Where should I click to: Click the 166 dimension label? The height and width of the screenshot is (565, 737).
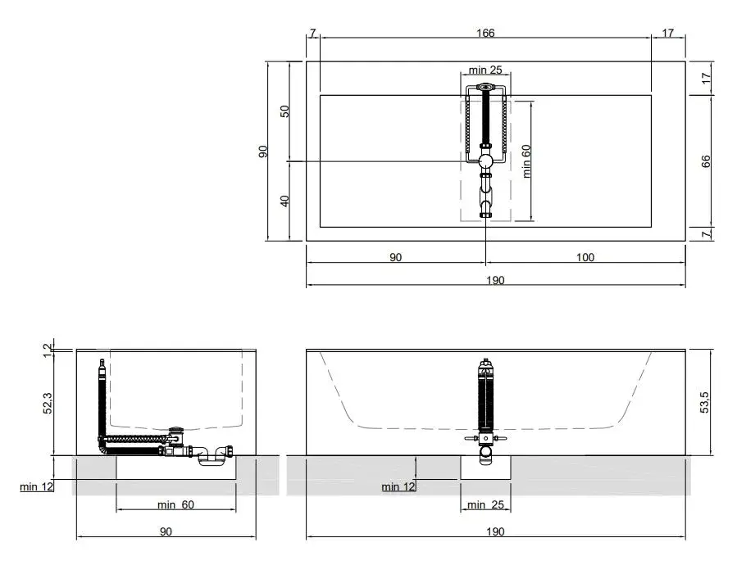point(485,34)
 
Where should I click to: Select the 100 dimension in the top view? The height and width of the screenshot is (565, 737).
point(585,258)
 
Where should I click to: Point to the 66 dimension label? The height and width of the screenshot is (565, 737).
point(706,160)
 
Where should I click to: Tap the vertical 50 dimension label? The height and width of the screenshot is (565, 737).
point(285,111)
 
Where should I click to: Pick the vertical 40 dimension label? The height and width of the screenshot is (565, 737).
point(285,201)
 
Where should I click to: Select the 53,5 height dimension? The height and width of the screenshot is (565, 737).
point(705,402)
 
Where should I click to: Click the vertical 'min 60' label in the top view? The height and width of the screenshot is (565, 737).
point(526,161)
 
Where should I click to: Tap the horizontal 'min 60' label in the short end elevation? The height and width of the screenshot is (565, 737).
point(175,504)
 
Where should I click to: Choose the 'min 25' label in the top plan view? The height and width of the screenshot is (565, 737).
point(485,70)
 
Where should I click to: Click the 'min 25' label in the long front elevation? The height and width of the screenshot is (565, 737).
point(485,504)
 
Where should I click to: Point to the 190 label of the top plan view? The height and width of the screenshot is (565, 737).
point(494,280)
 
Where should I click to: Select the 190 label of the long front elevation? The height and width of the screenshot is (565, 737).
point(494,531)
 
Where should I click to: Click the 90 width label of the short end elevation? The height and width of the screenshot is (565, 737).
point(166,531)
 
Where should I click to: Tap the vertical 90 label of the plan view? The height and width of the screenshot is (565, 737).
point(263,151)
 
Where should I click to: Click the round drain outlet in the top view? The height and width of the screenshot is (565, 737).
point(485,161)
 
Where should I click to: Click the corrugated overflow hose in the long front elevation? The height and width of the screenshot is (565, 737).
point(485,396)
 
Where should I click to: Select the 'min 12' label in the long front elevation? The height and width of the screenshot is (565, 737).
point(398,487)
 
